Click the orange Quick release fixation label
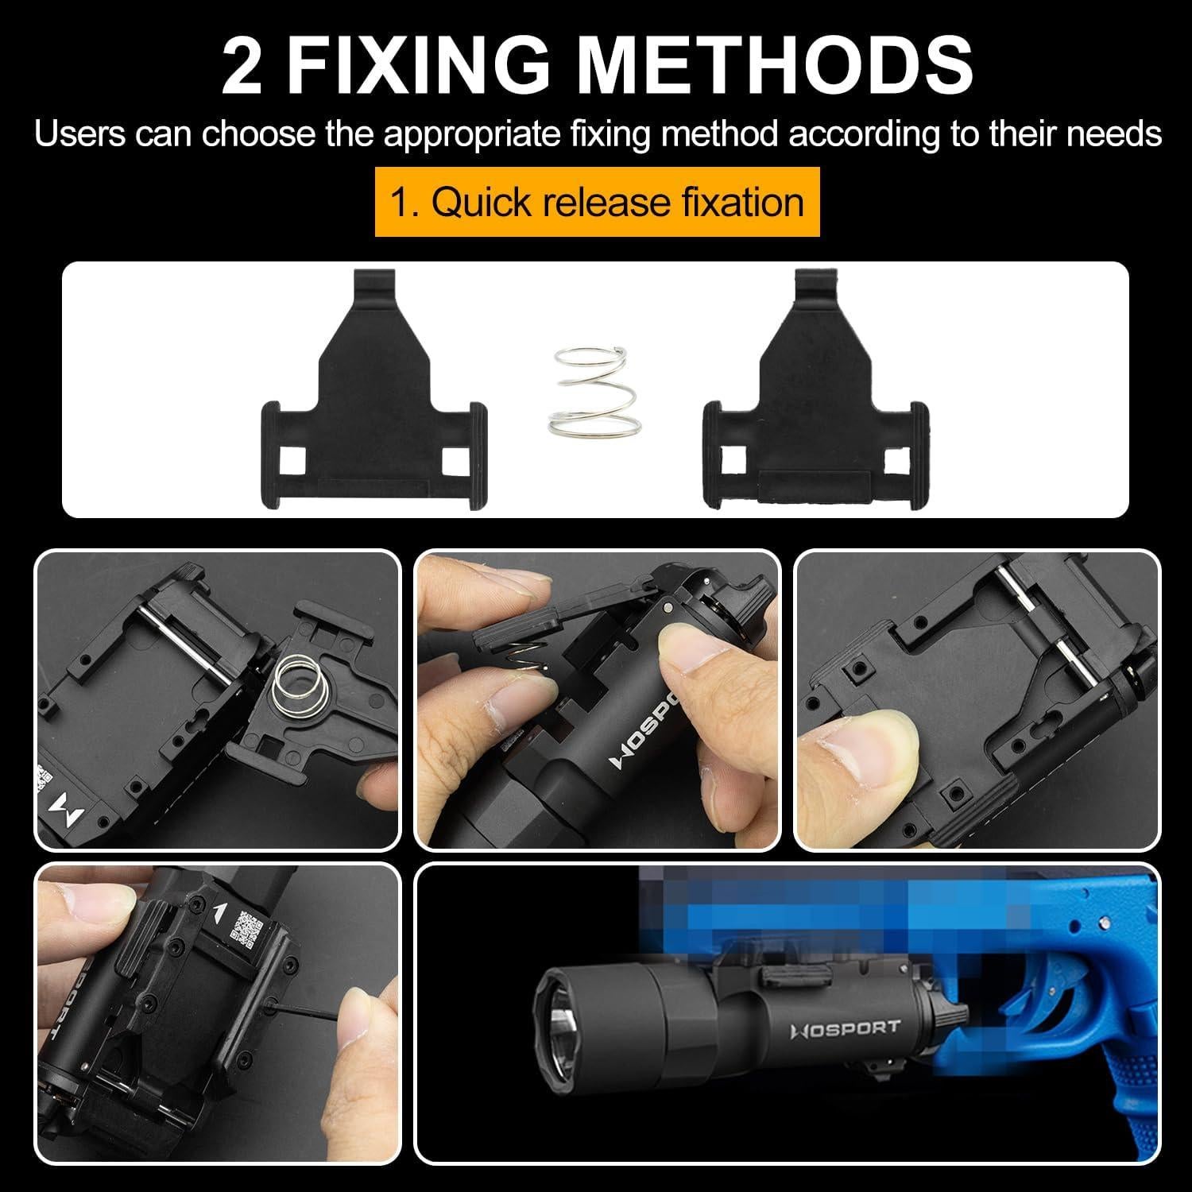(597, 202)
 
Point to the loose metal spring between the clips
(586, 389)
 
